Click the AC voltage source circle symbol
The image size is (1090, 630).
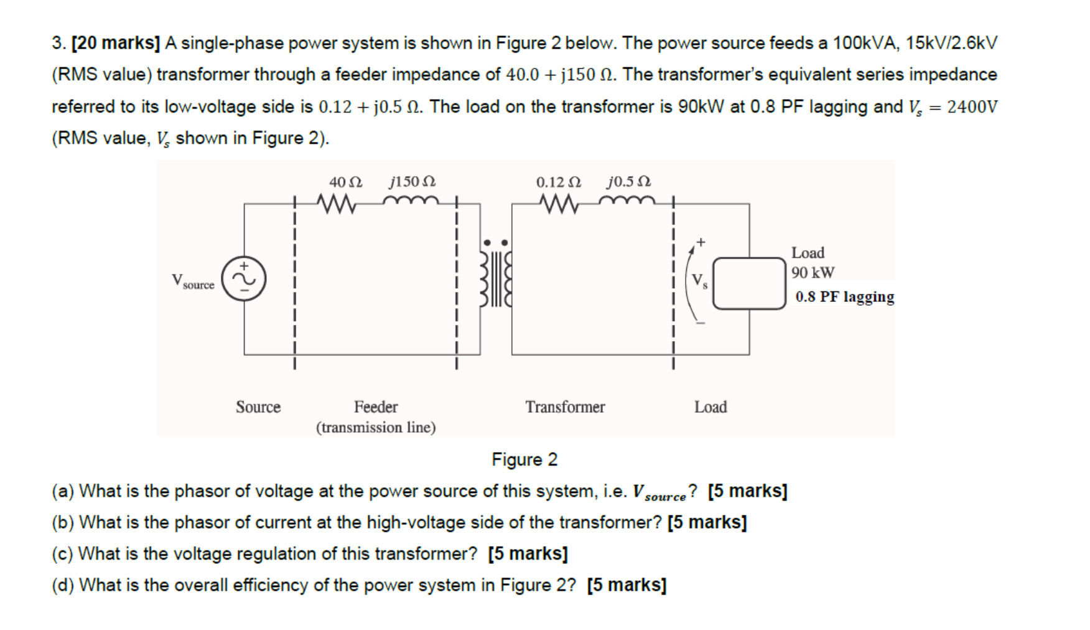coord(244,278)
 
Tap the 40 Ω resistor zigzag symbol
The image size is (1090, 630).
coord(336,203)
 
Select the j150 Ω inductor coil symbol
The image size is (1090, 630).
coord(411,201)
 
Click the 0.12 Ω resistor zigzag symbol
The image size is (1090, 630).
coord(559,203)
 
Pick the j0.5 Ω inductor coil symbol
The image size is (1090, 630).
coord(627,201)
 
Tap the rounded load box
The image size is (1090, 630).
coord(749,283)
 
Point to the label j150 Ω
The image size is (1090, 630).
coord(412,182)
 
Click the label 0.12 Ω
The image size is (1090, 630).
coord(558,182)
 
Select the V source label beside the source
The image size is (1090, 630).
coord(193,281)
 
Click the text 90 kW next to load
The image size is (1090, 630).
coord(813,273)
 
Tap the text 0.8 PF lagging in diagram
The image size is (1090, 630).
coord(844,296)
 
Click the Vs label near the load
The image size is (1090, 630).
coord(700,281)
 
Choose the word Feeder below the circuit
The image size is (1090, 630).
coord(376,407)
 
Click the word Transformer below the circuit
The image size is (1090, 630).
coord(565,407)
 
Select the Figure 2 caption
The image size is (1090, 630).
coord(524,459)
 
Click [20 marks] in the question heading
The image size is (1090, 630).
coord(116,43)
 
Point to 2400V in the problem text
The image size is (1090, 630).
coord(972,106)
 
